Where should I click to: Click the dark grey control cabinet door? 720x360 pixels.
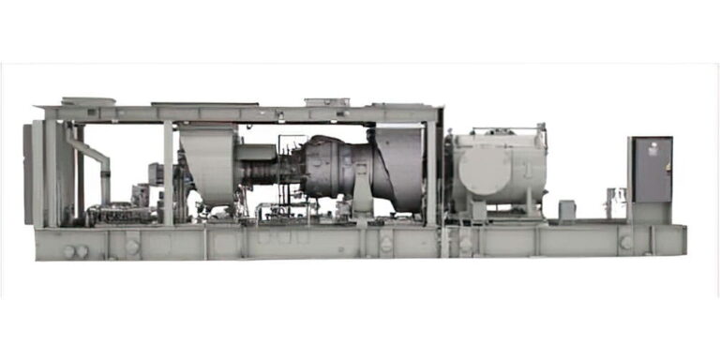tap(651, 170)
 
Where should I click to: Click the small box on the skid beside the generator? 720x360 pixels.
tap(566, 211)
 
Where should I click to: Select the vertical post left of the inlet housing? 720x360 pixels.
tap(168, 172)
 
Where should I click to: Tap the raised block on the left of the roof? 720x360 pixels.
tap(88, 100)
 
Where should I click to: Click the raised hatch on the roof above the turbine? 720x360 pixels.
tap(326, 101)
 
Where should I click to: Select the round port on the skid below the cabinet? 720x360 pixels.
tap(625, 242)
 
